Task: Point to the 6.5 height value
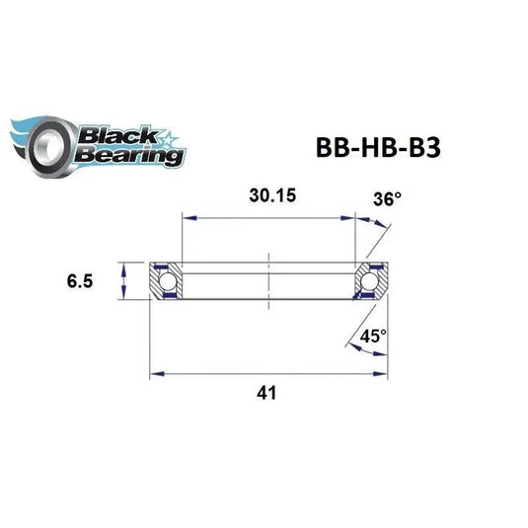click(82, 281)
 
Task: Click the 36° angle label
click(388, 198)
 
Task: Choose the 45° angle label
click(373, 336)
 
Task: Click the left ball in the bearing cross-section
click(165, 282)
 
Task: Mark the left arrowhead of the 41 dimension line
click(154, 373)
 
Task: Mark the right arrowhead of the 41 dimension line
click(382, 373)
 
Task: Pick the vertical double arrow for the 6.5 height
click(122, 281)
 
